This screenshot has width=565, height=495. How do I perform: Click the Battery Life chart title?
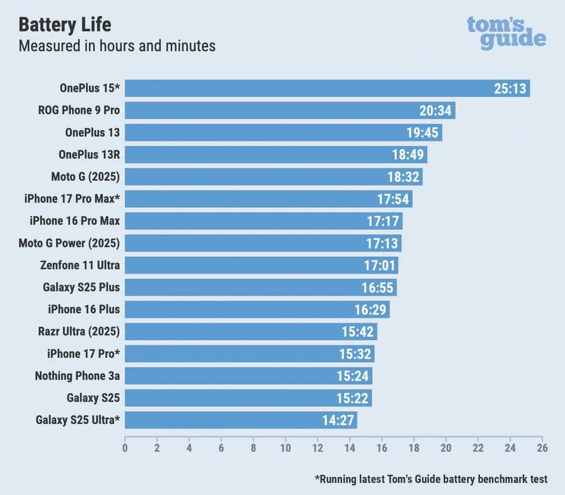click(65, 24)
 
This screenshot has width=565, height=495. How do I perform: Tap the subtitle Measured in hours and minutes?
click(117, 45)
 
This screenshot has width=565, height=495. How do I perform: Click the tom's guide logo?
click(506, 33)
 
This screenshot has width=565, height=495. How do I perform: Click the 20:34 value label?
click(435, 111)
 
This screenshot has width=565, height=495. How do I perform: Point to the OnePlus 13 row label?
click(92, 133)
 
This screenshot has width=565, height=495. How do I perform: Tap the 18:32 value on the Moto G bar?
click(404, 177)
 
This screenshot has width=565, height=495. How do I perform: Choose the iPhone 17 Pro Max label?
click(72, 199)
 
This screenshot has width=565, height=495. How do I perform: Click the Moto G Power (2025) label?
click(69, 243)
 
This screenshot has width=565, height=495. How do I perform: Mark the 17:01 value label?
click(380, 266)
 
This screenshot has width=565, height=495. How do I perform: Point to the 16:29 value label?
click(370, 310)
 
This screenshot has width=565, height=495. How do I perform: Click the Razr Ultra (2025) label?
click(79, 332)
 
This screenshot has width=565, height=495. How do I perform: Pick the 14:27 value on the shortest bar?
click(338, 420)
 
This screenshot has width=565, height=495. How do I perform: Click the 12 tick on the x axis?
click(317, 448)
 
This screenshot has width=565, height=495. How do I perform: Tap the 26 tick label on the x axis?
click(542, 448)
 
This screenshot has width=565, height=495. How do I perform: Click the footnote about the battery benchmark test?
click(431, 479)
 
